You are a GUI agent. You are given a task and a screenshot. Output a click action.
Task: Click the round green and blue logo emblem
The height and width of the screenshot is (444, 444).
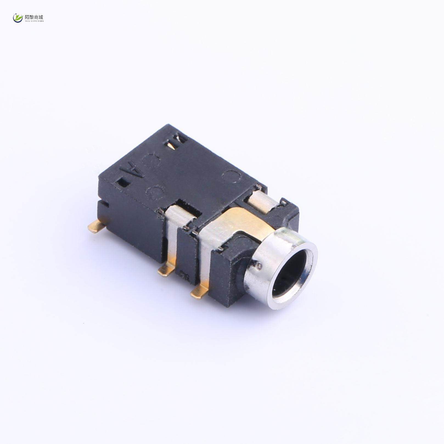click(18, 18)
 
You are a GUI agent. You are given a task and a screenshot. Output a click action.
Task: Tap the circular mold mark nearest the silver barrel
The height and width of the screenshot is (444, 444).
click(230, 176)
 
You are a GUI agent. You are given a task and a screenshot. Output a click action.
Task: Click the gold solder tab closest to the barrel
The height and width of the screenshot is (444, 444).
click(199, 293)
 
